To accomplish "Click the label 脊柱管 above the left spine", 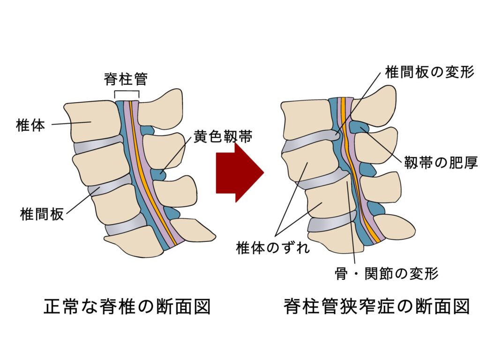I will (x=126, y=79).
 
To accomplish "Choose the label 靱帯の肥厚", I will (x=441, y=163).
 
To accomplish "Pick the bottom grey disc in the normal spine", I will (x=126, y=227).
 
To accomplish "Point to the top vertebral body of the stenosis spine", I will (x=307, y=120).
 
